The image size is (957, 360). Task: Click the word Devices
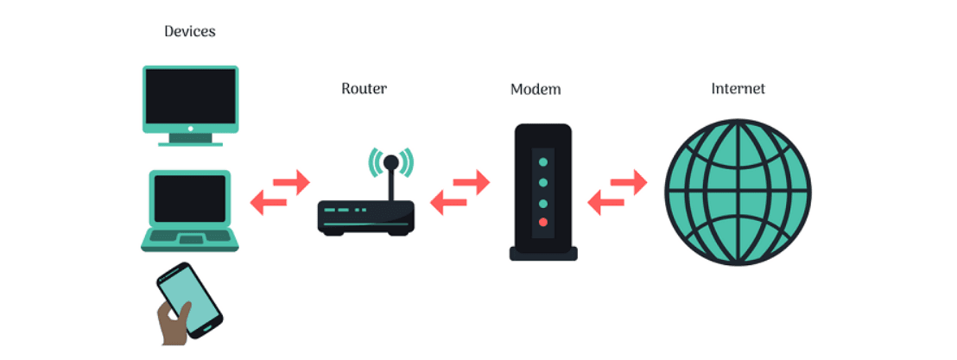point(189,32)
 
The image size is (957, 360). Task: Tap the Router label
point(364,88)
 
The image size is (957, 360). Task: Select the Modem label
point(535,90)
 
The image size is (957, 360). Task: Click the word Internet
point(738,88)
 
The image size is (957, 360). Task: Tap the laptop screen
point(189,198)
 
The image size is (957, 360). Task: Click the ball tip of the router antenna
point(391,161)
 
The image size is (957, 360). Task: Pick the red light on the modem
point(542,223)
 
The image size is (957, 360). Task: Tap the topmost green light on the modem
point(542,161)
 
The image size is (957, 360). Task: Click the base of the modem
point(542,254)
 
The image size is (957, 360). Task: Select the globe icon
point(738,191)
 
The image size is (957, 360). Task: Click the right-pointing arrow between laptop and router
point(293,182)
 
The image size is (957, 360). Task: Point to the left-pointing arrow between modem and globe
point(604,205)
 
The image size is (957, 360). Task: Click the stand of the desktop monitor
point(190,137)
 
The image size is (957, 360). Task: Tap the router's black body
point(365,216)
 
